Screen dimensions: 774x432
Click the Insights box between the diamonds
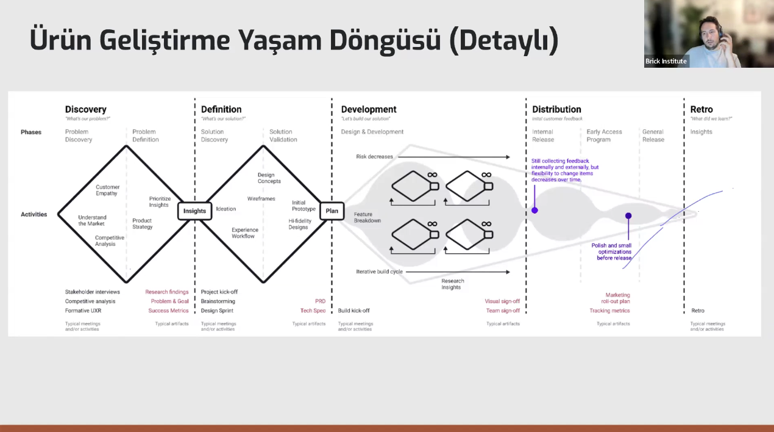195,211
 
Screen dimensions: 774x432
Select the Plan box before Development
332,211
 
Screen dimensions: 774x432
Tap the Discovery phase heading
86,110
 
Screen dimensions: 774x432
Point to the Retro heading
701,110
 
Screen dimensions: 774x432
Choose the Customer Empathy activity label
108,190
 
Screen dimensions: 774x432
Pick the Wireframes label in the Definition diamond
261,199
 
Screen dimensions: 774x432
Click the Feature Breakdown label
367,217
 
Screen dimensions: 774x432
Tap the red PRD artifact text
320,301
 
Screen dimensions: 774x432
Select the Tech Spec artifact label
313,311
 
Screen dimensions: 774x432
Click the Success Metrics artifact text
168,311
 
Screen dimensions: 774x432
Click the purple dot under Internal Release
534,211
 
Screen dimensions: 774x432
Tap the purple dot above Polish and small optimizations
628,216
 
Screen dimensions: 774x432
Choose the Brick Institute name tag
666,61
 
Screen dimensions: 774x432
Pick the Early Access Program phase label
604,135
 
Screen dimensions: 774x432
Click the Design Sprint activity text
217,311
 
